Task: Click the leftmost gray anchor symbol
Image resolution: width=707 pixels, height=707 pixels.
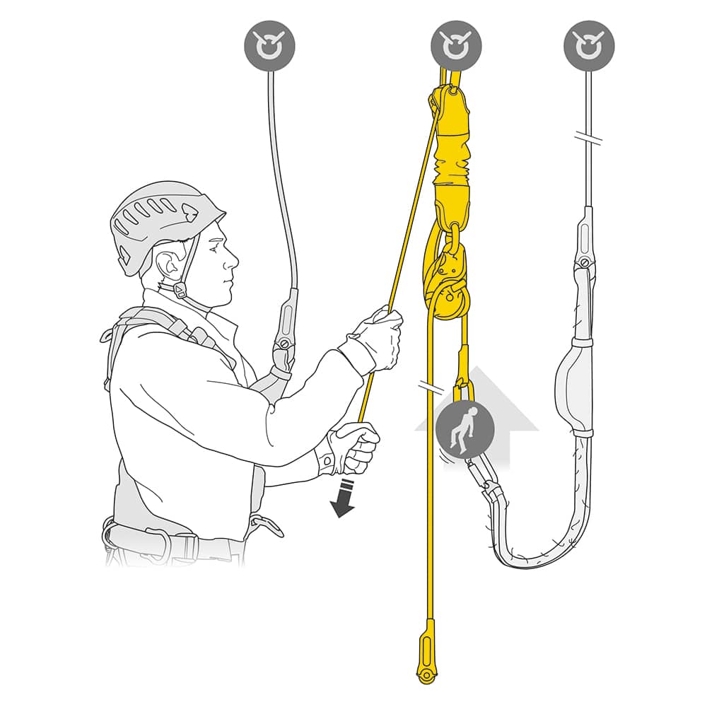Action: (x=269, y=46)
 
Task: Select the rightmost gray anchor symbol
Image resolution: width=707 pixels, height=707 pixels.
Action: (x=589, y=46)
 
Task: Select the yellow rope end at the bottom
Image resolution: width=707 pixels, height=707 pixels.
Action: (x=426, y=650)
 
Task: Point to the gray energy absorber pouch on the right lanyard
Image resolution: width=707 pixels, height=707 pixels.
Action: (x=574, y=385)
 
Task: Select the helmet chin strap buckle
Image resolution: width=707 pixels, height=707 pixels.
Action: (x=180, y=290)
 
